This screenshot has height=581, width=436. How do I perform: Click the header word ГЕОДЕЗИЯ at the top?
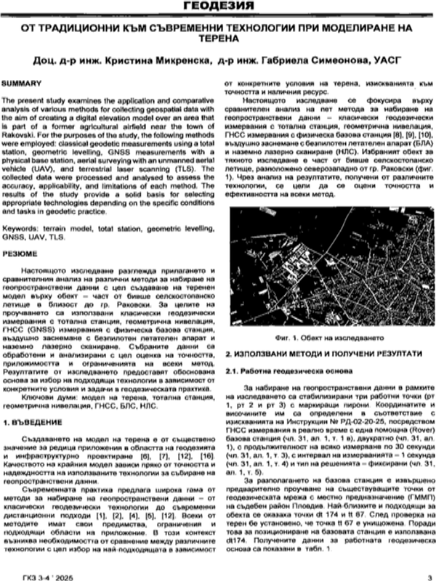(218, 7)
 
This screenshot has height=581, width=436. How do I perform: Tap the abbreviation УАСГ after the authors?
(387, 58)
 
